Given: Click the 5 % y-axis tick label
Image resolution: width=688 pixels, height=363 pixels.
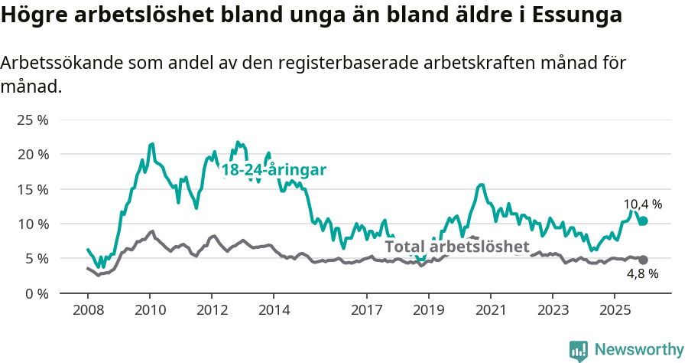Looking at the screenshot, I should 37,259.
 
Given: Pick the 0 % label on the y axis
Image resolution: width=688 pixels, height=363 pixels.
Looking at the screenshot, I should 37,293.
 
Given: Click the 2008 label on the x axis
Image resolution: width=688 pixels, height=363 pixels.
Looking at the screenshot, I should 87,310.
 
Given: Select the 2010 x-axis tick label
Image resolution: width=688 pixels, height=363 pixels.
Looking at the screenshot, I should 149,310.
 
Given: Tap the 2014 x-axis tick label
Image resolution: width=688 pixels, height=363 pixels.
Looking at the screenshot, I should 274,310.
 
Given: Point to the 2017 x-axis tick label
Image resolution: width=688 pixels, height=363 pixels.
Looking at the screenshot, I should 366,310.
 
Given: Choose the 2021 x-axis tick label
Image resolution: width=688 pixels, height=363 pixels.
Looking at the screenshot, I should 490,310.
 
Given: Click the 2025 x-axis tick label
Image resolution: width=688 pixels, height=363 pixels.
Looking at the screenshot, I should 614,310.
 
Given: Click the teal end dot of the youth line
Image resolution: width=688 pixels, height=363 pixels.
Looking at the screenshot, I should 644,221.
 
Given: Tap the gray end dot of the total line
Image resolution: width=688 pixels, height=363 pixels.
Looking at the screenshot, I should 644,260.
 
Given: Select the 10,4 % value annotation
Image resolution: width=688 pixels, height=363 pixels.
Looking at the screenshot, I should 642,204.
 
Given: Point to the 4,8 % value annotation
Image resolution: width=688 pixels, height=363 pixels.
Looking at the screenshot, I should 642,274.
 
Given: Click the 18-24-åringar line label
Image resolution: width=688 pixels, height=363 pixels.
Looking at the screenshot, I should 274,170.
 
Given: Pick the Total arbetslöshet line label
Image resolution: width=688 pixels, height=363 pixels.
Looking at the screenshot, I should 456,247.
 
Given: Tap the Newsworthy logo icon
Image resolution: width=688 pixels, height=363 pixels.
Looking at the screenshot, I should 578,351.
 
